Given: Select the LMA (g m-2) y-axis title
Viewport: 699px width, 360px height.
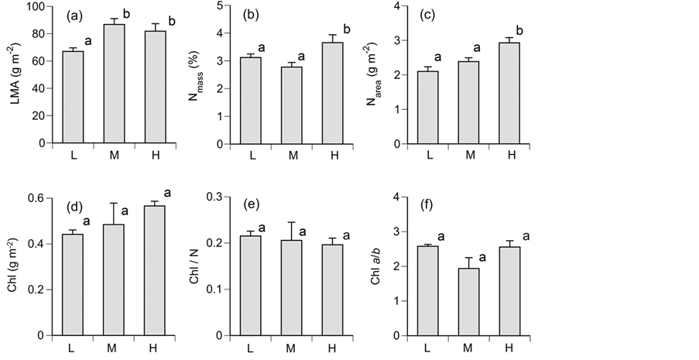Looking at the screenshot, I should [15, 74].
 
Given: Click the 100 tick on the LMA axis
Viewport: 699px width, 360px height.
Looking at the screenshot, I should [34, 7].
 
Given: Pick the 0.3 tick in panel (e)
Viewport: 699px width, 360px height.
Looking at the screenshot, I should [223, 198].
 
